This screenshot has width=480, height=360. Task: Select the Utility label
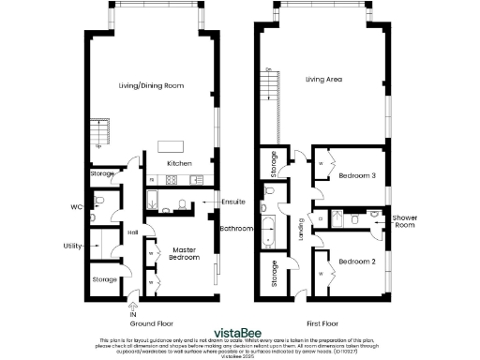coord(71,247)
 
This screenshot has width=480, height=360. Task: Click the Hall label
coord(132,232)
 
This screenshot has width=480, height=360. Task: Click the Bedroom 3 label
coord(356,176)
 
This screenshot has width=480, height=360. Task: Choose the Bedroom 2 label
coord(356,262)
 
